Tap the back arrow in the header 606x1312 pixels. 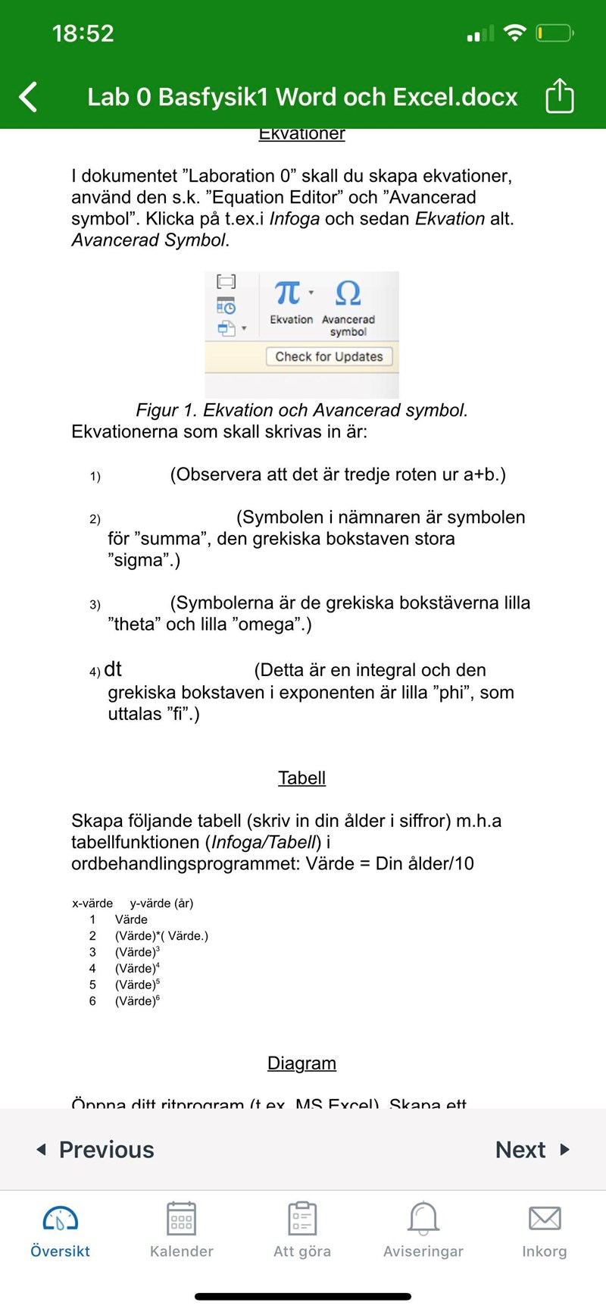[28, 97]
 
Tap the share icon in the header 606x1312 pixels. [560, 96]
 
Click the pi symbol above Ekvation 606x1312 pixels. [288, 292]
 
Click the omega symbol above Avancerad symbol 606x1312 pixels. [348, 293]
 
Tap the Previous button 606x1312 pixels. [95, 1150]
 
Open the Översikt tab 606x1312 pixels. [60, 1230]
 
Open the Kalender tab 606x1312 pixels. [181, 1230]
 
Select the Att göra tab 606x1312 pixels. [302, 1230]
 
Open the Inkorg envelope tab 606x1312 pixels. [544, 1230]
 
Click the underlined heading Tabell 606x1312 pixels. [301, 778]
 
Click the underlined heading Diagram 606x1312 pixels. [301, 1063]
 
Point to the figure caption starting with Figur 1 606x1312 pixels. [301, 410]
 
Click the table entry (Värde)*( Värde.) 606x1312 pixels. [161, 936]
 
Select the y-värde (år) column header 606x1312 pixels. [161, 903]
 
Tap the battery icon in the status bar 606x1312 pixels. [554, 33]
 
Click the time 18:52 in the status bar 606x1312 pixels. [83, 33]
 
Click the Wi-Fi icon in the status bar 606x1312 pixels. [515, 33]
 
